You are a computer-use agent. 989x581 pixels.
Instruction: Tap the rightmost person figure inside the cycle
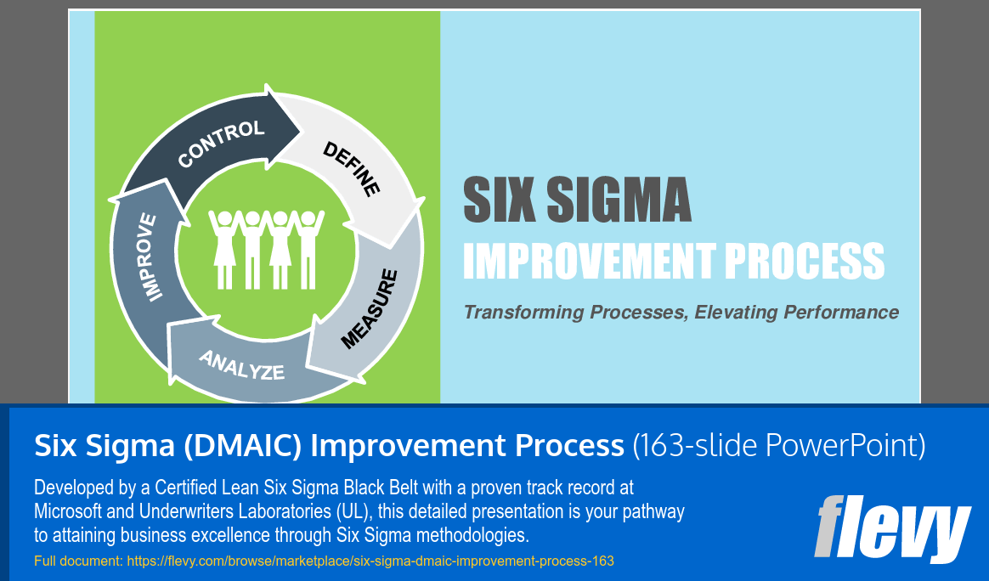307,247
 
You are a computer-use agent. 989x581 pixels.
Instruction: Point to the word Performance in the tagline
841,313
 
